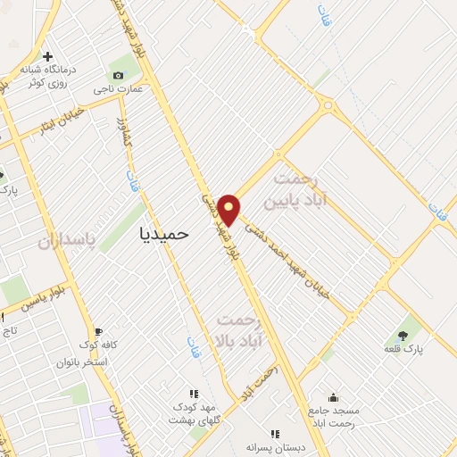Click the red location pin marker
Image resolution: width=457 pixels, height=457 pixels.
coord(228,209)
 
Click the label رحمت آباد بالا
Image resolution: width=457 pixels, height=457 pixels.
coord(241,329)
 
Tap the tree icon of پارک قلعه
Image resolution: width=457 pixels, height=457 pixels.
coord(403,336)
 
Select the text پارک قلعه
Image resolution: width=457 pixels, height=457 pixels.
coord(403,350)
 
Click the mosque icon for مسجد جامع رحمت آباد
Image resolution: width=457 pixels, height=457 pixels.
coord(333,398)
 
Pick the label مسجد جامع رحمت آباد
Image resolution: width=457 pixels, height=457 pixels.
coord(333,416)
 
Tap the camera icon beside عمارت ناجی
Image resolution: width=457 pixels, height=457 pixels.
coord(118,75)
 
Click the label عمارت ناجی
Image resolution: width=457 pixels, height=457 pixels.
coord(117,89)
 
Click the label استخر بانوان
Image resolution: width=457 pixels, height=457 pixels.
coord(81,362)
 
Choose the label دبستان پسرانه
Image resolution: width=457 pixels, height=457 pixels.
coord(274,448)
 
